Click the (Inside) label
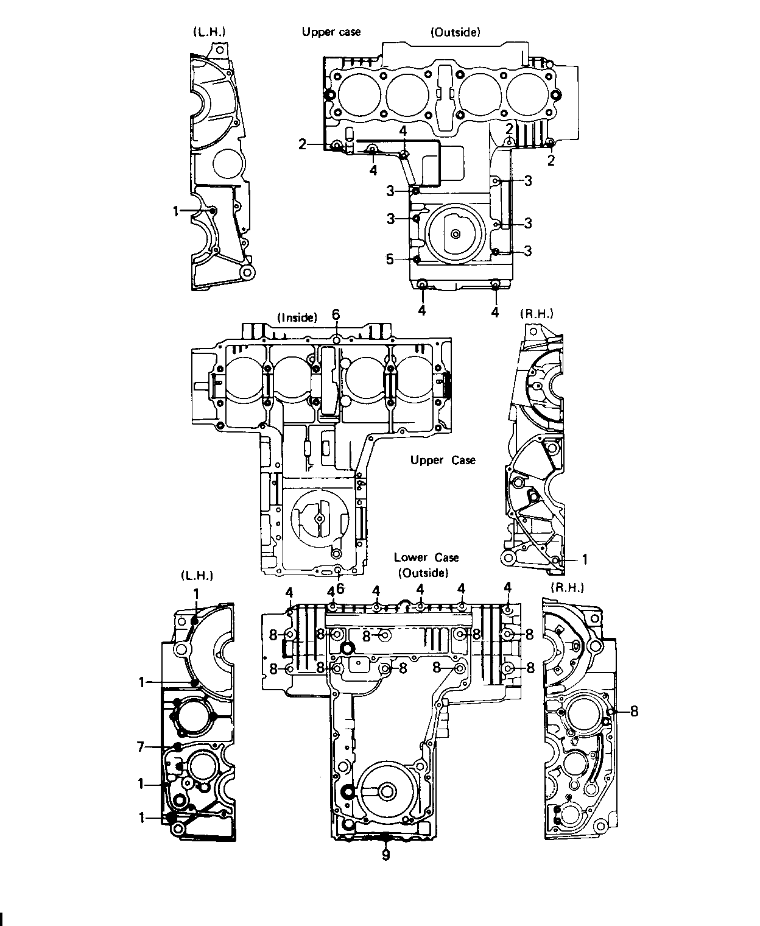click(x=297, y=317)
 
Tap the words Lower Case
click(x=426, y=557)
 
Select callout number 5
click(x=390, y=260)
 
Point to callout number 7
click(x=141, y=746)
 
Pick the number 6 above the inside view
click(x=336, y=314)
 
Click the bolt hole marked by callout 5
click(x=417, y=260)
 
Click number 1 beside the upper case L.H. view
click(x=176, y=211)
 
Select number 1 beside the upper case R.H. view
click(x=585, y=559)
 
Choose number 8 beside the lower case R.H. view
click(x=634, y=712)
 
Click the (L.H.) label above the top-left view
click(x=209, y=32)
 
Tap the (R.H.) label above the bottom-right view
click(x=568, y=588)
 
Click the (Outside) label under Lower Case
click(x=423, y=573)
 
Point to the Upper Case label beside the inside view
click(x=443, y=460)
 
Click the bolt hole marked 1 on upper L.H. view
click(x=213, y=211)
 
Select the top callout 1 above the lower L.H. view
click(x=196, y=594)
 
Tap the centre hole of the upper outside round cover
click(x=456, y=234)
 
